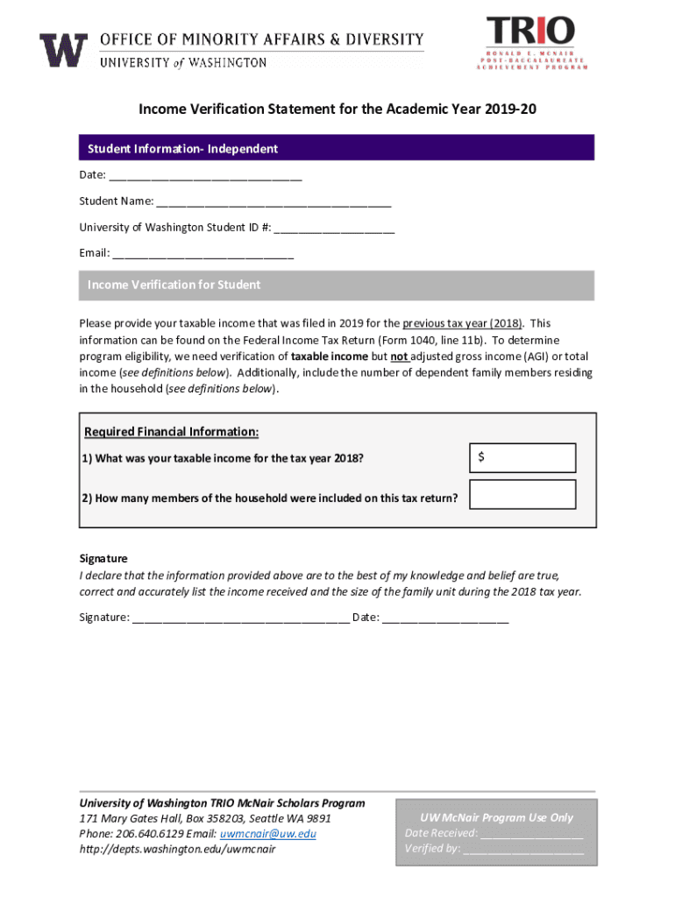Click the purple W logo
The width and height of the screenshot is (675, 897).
pos(63,51)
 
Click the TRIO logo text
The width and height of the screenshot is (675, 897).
pos(530,32)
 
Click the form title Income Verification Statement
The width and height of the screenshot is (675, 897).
pos(337,109)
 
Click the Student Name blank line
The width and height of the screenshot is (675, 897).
pos(274,203)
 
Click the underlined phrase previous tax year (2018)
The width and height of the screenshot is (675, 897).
pos(462,323)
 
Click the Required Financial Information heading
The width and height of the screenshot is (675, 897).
pos(171,432)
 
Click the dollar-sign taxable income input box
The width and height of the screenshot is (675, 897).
pos(522,458)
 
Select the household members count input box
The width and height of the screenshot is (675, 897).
pos(522,495)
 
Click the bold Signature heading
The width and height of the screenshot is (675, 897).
pos(103,558)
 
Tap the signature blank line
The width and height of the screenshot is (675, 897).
pos(241,618)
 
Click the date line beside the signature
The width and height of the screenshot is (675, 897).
pos(445,618)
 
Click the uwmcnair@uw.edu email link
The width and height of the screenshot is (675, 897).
pos(268,833)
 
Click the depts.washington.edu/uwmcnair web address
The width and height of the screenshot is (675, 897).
pos(177,849)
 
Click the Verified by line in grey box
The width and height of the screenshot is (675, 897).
pos(523,849)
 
